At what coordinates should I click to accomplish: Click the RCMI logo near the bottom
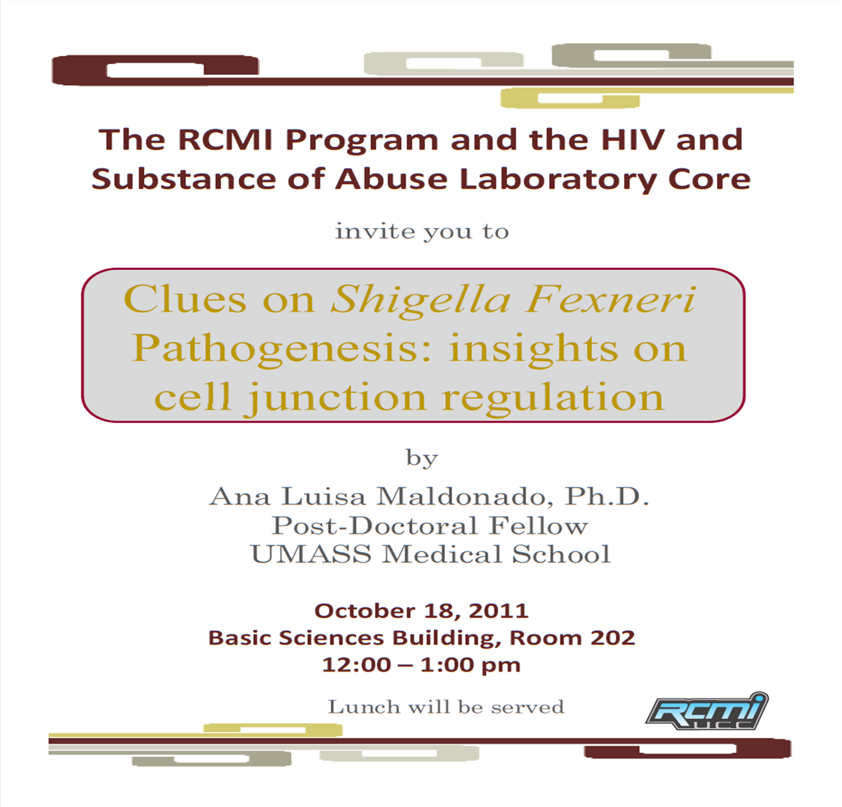706,711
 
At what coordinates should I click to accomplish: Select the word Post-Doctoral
375,525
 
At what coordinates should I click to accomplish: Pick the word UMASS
311,554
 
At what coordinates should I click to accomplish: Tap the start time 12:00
356,664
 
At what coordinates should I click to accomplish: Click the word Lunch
364,707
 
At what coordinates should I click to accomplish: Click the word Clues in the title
185,299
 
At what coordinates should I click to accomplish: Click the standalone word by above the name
422,458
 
